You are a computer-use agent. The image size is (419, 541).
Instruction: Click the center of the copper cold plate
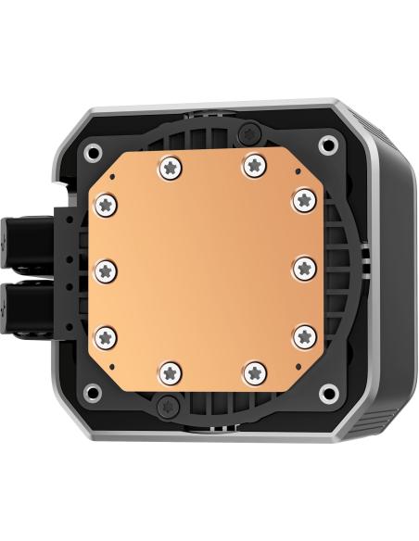pos(204,270)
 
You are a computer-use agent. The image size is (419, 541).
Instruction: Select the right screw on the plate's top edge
pos(252,166)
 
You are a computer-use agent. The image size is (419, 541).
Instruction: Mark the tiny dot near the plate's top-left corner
pos(111,174)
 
